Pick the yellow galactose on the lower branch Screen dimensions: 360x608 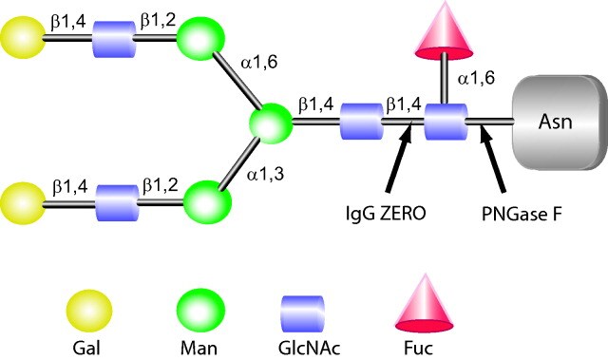coord(21,201)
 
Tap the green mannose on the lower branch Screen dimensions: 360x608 coord(207,201)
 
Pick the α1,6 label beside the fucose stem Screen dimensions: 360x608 coord(475,79)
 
